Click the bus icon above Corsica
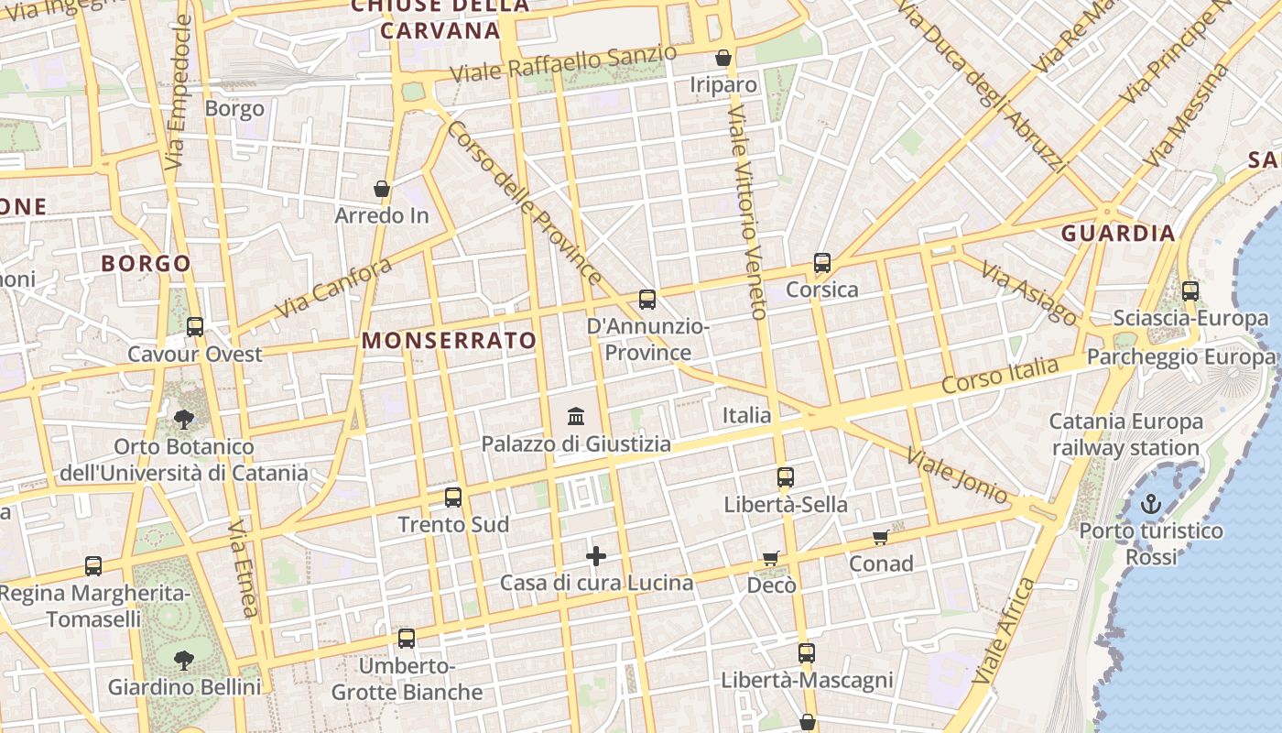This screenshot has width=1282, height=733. point(822,263)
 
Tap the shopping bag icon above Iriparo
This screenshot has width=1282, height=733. point(723,59)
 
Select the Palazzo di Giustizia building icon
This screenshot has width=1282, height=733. point(576,417)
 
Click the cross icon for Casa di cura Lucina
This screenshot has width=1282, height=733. point(596,556)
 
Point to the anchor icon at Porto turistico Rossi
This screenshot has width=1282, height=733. point(1151,504)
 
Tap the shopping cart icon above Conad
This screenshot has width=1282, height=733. point(881,537)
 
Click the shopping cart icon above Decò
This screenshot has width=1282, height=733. point(771,558)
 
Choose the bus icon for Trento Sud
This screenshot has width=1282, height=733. point(453,498)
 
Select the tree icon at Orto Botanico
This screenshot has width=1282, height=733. point(184,420)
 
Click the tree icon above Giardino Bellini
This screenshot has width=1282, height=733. point(184,659)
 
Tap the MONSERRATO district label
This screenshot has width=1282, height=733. point(449,341)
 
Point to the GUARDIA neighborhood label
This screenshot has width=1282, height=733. point(1118,233)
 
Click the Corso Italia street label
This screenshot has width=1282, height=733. point(1000,376)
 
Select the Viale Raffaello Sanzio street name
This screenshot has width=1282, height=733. point(564,63)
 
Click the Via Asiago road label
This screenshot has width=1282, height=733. point(1029,292)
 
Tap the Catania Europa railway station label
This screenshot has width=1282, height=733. point(1125,434)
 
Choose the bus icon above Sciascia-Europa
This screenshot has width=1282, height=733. point(1190,291)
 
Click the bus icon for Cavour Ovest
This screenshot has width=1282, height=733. point(195,327)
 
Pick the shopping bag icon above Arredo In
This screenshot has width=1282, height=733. point(382,190)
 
